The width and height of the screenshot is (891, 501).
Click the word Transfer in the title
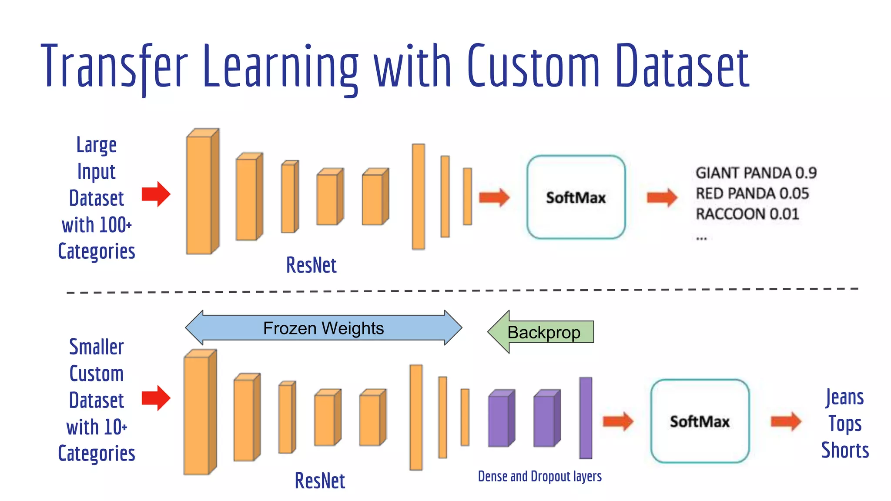pyautogui.click(x=114, y=66)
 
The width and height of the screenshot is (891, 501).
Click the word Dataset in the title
pyautogui.click(x=682, y=66)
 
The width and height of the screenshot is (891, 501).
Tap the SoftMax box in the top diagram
pyautogui.click(x=576, y=197)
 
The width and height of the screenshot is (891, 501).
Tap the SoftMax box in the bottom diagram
pyautogui.click(x=700, y=421)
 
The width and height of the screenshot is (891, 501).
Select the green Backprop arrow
pyautogui.click(x=542, y=332)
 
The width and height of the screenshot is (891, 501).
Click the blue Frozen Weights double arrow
pyautogui.click(x=323, y=328)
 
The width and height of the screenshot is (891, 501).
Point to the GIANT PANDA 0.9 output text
pyautogui.click(x=756, y=173)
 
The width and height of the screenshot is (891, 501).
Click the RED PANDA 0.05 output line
pyautogui.click(x=752, y=194)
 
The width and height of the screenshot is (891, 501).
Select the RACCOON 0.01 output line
pyautogui.click(x=747, y=214)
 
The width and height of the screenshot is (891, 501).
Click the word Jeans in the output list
pyautogui.click(x=844, y=397)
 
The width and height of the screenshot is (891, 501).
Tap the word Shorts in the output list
pyautogui.click(x=844, y=450)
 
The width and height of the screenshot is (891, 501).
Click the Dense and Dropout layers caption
pyautogui.click(x=539, y=477)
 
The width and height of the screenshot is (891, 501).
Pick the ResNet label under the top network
pyautogui.click(x=311, y=265)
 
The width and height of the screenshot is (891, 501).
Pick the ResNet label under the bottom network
pyautogui.click(x=320, y=481)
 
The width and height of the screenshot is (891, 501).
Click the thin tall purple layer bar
pyautogui.click(x=585, y=417)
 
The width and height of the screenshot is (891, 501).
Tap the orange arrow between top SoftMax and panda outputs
pyautogui.click(x=662, y=197)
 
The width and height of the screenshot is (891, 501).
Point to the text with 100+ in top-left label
pyautogui.click(x=97, y=225)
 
